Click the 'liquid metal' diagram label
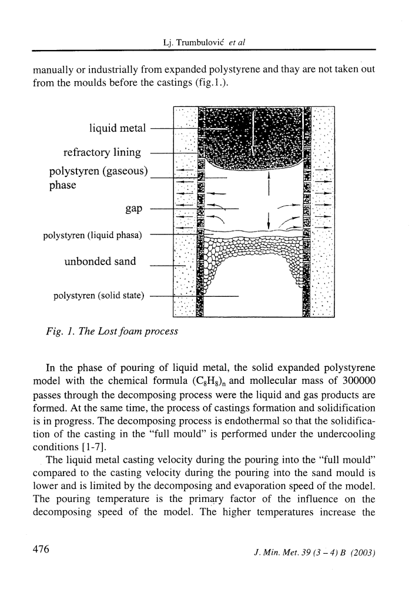click(x=117, y=128)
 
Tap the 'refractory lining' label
click(x=102, y=153)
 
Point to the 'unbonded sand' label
click(x=100, y=262)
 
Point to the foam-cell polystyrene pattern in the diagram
click(x=253, y=250)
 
